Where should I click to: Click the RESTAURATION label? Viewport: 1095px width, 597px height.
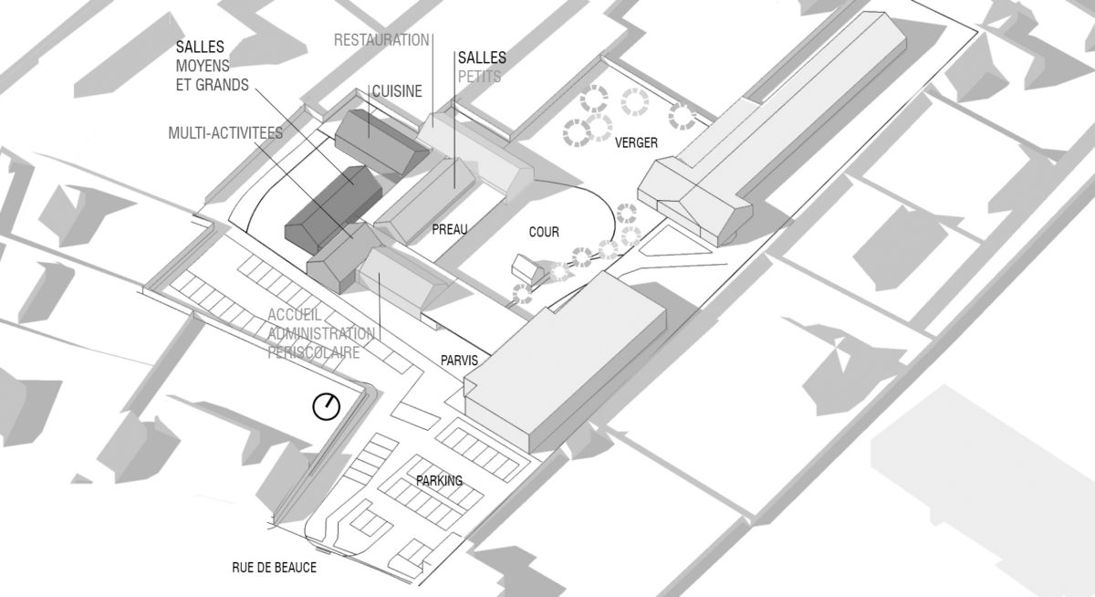(x=381, y=40)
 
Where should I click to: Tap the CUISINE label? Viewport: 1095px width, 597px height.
(x=397, y=91)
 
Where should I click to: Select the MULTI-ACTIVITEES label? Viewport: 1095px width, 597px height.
(x=225, y=133)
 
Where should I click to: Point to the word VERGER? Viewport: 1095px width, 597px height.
(x=636, y=143)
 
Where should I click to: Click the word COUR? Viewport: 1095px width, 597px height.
(x=544, y=233)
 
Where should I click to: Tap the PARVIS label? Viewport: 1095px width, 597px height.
(x=457, y=361)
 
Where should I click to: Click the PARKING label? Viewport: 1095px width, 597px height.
(x=439, y=481)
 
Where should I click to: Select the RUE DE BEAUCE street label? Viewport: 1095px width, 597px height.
(x=274, y=568)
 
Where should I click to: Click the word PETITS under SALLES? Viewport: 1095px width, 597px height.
(x=480, y=78)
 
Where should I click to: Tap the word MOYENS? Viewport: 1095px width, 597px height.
(x=203, y=66)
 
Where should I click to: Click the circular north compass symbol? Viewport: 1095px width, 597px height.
(x=326, y=406)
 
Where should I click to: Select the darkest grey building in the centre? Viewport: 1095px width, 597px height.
(x=332, y=205)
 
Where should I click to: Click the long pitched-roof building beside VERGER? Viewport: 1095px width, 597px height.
(x=776, y=128)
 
